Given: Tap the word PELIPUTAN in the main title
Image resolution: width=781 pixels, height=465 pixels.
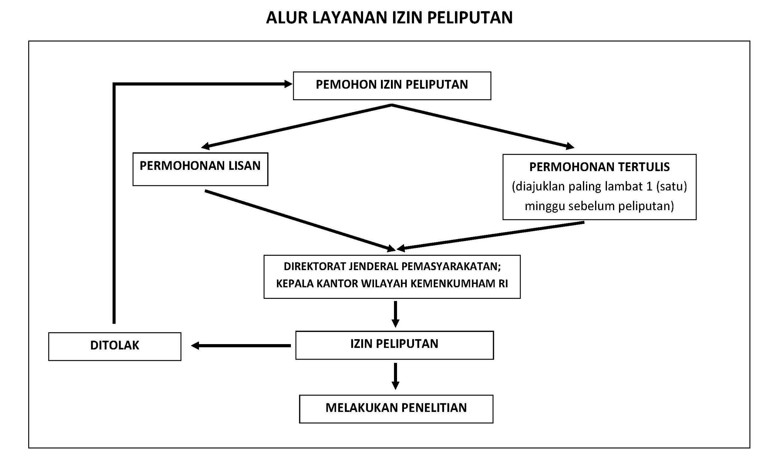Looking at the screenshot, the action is click(470, 18).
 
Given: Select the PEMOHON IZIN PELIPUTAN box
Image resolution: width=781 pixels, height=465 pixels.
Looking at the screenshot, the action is click(392, 86).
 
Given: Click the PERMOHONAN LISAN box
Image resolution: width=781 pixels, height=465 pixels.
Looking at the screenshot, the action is click(200, 169).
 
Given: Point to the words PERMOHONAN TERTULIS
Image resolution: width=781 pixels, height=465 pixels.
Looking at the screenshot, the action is click(600, 167).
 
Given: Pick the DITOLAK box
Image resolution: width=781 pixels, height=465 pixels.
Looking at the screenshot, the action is click(115, 347).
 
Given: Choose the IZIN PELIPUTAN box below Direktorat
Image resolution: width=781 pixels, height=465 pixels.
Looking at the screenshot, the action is click(395, 345).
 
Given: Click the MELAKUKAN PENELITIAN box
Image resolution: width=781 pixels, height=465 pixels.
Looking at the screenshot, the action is click(396, 409).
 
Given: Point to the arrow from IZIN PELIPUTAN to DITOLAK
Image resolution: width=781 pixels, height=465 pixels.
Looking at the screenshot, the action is click(241, 346).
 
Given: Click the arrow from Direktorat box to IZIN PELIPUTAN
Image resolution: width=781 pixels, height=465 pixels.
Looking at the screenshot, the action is click(396, 314).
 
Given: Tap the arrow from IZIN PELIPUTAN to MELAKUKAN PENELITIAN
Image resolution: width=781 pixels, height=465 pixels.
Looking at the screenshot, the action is click(396, 376).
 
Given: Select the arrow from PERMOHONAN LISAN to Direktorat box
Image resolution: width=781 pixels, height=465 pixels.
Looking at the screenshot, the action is click(300, 221).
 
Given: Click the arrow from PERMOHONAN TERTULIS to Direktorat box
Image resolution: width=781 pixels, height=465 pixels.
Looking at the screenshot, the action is click(491, 236).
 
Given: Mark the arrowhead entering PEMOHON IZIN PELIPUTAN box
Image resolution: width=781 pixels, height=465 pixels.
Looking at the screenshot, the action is click(288, 84).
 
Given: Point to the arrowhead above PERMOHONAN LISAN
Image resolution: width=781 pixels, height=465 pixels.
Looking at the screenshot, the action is click(206, 146).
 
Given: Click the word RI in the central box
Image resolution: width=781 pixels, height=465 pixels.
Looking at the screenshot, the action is click(503, 284).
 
